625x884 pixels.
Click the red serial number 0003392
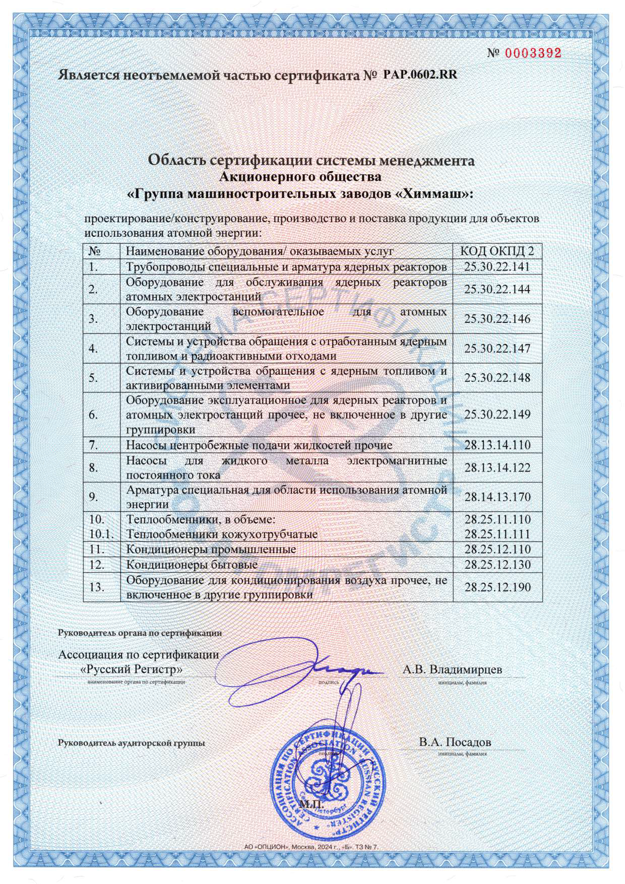point(533,53)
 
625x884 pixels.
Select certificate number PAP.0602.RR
point(420,75)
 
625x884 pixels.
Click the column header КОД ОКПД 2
point(497,251)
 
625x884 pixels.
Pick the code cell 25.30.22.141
point(497,267)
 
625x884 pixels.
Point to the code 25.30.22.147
point(497,349)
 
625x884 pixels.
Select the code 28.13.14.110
point(497,445)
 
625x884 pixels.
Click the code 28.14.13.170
point(497,497)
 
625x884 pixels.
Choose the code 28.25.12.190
point(497,587)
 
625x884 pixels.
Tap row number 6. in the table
point(93,415)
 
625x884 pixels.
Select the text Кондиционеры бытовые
point(192,565)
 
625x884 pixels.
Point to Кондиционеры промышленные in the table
point(211,550)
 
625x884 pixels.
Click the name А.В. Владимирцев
point(452,669)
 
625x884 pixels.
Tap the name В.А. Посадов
point(455,742)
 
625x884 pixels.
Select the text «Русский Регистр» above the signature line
point(132,669)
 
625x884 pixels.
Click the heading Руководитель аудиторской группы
point(132,743)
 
